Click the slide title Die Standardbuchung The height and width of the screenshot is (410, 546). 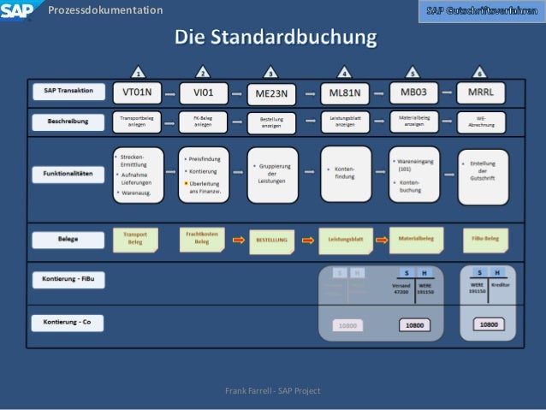tap(276, 39)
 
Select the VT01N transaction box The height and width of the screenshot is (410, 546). tap(137, 92)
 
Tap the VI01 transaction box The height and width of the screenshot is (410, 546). tap(202, 92)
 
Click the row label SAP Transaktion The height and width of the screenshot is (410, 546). tap(69, 91)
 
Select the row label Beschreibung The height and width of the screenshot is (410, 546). tap(69, 122)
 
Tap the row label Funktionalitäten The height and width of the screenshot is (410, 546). tap(69, 174)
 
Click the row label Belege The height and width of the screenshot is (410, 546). tap(69, 240)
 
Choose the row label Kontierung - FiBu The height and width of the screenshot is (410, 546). tap(69, 280)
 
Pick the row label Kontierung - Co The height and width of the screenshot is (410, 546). tap(69, 322)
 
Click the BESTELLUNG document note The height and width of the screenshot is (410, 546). tap(272, 241)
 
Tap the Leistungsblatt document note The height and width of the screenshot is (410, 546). tap(345, 241)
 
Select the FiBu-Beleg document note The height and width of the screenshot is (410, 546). tap(486, 239)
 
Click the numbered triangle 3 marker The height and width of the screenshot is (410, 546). tap(271, 72)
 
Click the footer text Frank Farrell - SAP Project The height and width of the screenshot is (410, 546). tap(272, 391)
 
